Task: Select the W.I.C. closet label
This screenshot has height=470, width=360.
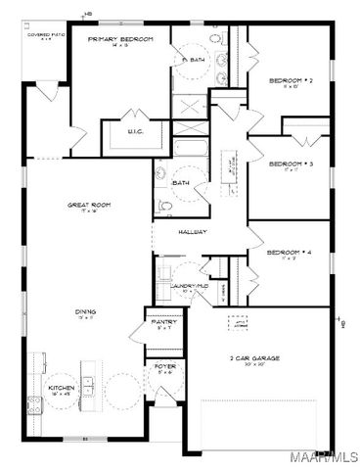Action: [136, 130]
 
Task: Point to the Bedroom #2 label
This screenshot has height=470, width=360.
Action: [289, 82]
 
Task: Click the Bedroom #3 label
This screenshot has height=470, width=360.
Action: [290, 164]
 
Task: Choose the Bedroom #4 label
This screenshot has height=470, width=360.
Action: [289, 252]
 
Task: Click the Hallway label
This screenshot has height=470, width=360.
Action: [192, 232]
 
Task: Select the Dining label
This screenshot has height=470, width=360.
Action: [86, 312]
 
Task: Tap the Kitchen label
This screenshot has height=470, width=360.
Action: [62, 388]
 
